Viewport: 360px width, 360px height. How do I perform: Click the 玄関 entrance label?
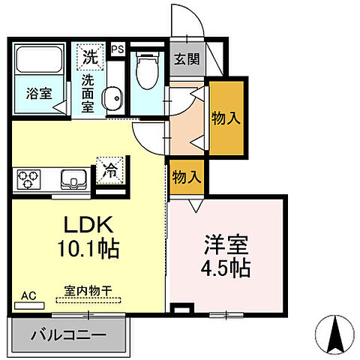(x=187, y=60)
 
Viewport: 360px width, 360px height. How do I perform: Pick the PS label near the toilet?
(x=117, y=49)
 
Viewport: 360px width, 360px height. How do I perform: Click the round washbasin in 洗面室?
(x=113, y=98)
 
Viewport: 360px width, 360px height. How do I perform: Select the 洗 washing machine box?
(x=90, y=55)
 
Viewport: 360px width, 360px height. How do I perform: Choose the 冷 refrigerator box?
(x=109, y=169)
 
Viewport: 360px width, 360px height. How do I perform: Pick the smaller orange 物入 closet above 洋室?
(x=187, y=178)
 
